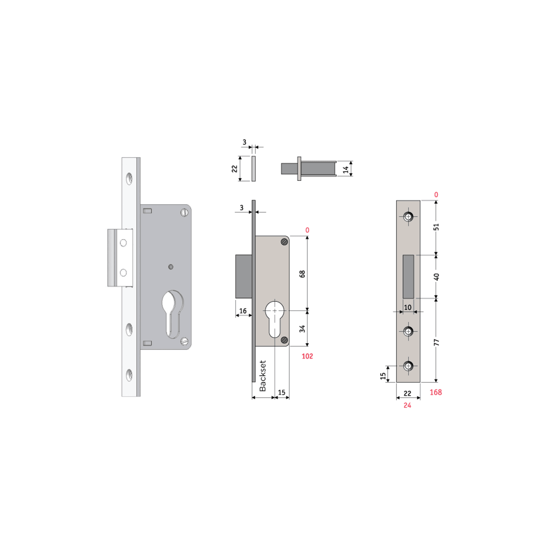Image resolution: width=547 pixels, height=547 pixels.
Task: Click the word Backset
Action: pyautogui.click(x=263, y=376)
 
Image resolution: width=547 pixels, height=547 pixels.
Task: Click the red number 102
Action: pyautogui.click(x=307, y=356)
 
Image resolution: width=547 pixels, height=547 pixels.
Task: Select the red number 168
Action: pyautogui.click(x=435, y=392)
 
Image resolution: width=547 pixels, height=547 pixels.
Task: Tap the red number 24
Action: pyautogui.click(x=407, y=405)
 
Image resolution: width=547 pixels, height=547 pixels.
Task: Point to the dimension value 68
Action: pyautogui.click(x=302, y=274)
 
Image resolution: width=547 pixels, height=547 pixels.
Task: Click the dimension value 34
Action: pyautogui.click(x=302, y=328)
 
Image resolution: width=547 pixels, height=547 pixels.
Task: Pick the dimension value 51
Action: pyautogui.click(x=436, y=227)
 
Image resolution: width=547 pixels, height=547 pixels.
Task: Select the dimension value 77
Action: pyautogui.click(x=436, y=342)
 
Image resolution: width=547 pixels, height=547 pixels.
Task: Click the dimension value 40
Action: pyautogui.click(x=436, y=277)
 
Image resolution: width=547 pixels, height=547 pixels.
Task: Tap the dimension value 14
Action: pyautogui.click(x=346, y=169)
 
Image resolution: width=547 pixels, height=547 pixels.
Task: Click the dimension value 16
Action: pyautogui.click(x=243, y=311)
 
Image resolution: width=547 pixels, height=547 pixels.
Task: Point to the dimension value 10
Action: pyautogui.click(x=408, y=307)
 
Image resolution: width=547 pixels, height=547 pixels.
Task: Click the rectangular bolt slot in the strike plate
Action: pyautogui.click(x=408, y=276)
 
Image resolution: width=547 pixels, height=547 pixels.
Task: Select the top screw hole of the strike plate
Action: pyautogui.click(x=408, y=216)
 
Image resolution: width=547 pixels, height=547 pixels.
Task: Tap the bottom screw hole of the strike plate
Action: pyautogui.click(x=408, y=366)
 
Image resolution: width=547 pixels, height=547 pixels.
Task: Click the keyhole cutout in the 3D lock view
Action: pyautogui.click(x=172, y=313)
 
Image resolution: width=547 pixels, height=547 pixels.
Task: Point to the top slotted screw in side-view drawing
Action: pyautogui.click(x=285, y=242)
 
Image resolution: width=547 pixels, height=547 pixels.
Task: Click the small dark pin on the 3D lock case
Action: pyautogui.click(x=171, y=267)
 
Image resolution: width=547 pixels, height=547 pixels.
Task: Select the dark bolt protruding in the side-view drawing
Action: pyautogui.click(x=243, y=276)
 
